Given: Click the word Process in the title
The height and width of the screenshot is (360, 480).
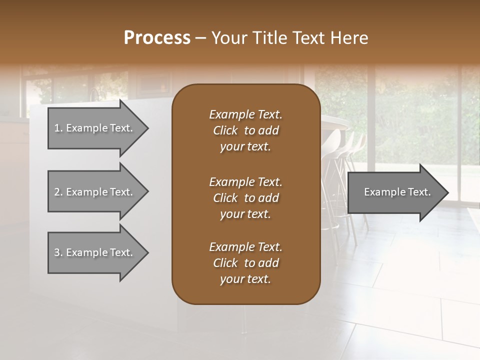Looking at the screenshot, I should point(157,38).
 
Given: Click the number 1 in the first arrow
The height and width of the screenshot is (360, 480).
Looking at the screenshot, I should point(56,128).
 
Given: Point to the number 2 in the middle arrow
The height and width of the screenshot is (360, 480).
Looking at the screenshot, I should point(56,192).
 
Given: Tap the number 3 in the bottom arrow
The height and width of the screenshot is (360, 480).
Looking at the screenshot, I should point(56,252).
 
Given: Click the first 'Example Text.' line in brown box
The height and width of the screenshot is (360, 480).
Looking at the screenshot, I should point(245,114).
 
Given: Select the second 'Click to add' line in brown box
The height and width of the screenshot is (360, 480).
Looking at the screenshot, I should point(245,198).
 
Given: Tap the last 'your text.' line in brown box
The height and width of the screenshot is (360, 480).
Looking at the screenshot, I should point(245,279).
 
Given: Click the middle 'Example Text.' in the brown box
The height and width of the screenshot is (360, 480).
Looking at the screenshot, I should point(245,181).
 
